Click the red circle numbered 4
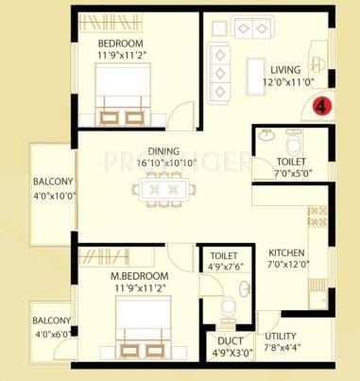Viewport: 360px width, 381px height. tap(322, 106)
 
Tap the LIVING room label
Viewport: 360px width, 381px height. tap(285, 70)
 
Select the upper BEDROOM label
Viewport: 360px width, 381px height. tap(121, 43)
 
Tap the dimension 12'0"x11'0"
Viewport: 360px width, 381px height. tap(285, 83)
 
